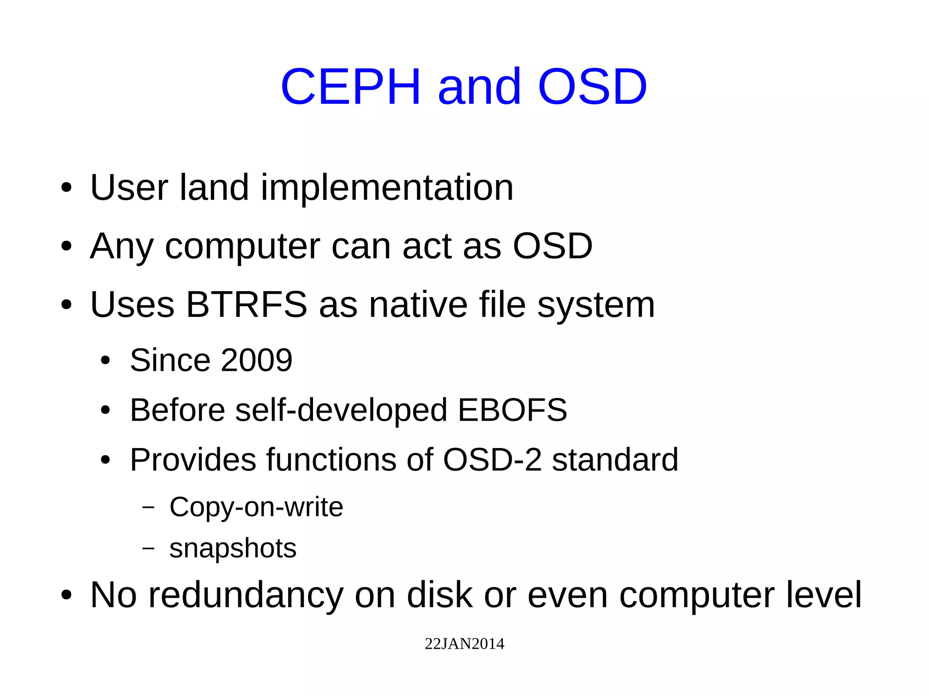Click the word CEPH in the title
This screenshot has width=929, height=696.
tap(351, 87)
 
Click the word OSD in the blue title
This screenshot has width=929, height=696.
tap(592, 87)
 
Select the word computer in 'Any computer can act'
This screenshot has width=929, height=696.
tap(243, 246)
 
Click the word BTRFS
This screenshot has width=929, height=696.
tap(247, 305)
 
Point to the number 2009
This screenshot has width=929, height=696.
tap(256, 360)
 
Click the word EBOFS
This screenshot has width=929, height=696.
tap(512, 410)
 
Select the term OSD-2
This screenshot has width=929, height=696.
tap(492, 460)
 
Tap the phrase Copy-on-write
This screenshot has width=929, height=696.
tap(256, 507)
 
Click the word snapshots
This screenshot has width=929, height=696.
tap(233, 548)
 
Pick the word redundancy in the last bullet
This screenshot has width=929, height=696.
tap(246, 595)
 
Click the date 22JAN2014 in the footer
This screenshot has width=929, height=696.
tap(464, 644)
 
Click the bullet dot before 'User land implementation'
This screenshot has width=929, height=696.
tap(66, 188)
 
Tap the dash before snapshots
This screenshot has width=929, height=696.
tap(148, 548)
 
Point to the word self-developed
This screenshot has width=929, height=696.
tap(341, 410)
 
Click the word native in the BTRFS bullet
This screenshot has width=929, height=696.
tap(418, 305)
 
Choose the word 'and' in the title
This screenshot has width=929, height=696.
tap(479, 87)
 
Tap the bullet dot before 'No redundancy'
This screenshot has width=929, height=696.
tap(66, 596)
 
